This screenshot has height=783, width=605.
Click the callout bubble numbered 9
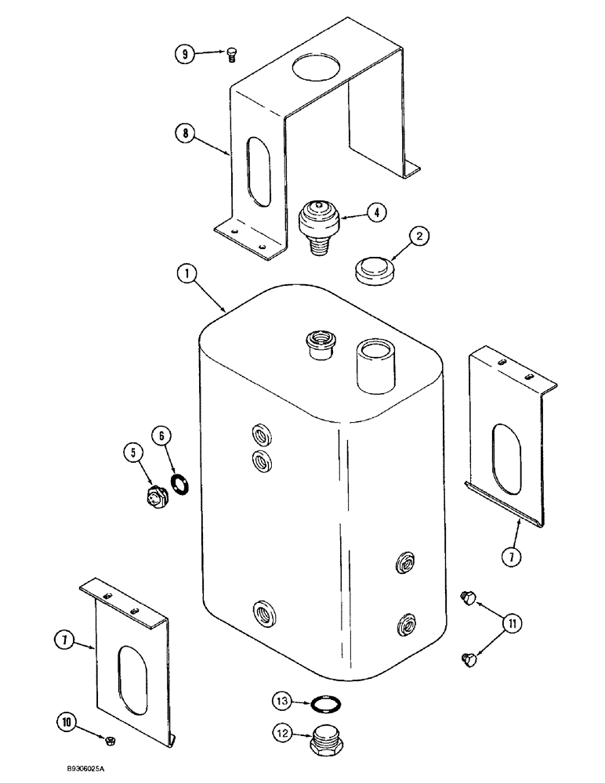(183, 54)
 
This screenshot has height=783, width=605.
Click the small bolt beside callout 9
(231, 53)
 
